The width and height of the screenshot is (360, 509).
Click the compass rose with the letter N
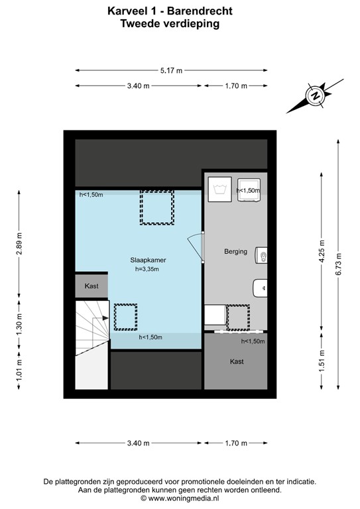pyautogui.click(x=315, y=96)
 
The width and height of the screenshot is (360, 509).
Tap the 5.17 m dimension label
pyautogui.click(x=170, y=70)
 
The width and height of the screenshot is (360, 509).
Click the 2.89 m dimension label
pyautogui.click(x=20, y=244)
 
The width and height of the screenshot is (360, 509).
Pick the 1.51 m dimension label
pyautogui.click(x=322, y=367)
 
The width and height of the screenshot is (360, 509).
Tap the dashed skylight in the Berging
pyautogui.click(x=237, y=316)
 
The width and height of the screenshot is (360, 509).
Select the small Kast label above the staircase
pyautogui.click(x=91, y=286)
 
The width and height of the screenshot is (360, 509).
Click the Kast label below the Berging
pyautogui.click(x=236, y=362)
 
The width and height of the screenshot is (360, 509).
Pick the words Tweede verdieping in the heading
pyautogui.click(x=170, y=23)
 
